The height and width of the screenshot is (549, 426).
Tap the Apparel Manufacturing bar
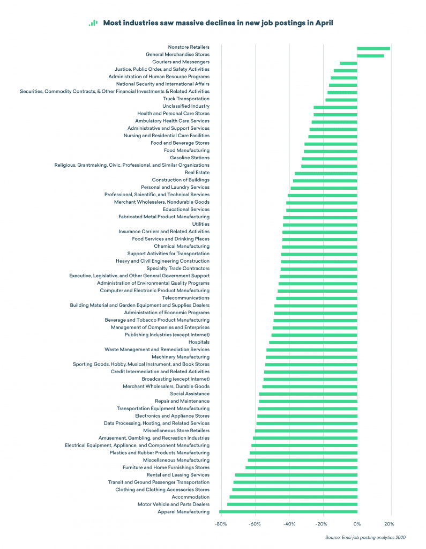pyautogui.click(x=288, y=512)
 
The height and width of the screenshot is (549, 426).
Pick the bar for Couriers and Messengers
pyautogui.click(x=348, y=62)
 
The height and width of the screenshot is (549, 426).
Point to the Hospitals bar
pyautogui.click(x=313, y=342)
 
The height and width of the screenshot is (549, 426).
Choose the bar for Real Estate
pyautogui.click(x=326, y=173)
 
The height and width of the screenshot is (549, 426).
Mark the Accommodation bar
pyautogui.click(x=293, y=497)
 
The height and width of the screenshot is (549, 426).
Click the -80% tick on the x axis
pyautogui.click(x=220, y=524)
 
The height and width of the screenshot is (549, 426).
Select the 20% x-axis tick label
pyautogui.click(x=390, y=524)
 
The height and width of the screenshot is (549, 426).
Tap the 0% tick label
pyautogui.click(x=357, y=524)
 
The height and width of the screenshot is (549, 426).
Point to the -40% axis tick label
pyautogui.click(x=289, y=524)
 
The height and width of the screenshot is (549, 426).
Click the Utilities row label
pyautogui.click(x=201, y=224)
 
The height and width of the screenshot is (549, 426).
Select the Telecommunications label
pyautogui.click(x=186, y=298)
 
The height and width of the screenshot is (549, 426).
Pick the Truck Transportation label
pyautogui.click(x=186, y=99)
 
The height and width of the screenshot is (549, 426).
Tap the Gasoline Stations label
pyautogui.click(x=190, y=158)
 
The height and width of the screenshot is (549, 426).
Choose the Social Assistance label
pyautogui.click(x=190, y=394)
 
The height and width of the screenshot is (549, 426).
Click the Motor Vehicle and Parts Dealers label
pyautogui.click(x=174, y=505)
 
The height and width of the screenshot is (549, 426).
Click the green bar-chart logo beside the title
pyautogui.click(x=93, y=23)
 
